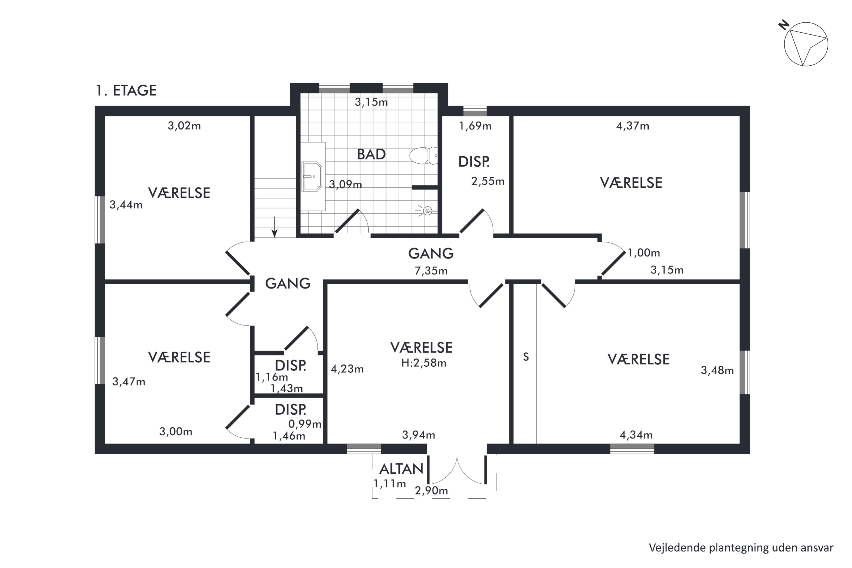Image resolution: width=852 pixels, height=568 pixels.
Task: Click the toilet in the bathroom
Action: coord(423,156)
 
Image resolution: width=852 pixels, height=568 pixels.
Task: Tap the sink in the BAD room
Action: coord(312,176)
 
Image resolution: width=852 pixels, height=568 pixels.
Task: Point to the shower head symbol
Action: coord(427,210)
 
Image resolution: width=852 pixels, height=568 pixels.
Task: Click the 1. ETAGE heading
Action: coord(126,91)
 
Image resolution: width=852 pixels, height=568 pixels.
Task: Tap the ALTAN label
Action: coord(401,469)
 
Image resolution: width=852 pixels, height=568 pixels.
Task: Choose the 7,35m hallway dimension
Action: coord(431,271)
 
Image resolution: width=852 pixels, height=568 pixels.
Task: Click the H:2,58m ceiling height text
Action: coord(423,363)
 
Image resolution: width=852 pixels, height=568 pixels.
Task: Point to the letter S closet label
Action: coord(526,357)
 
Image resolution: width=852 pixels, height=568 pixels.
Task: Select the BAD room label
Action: coord(371,154)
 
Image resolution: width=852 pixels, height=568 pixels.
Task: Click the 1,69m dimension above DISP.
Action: coord(475,126)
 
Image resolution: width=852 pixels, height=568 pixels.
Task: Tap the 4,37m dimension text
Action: coord(632,126)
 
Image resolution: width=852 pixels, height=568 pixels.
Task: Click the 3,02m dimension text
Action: coord(184,126)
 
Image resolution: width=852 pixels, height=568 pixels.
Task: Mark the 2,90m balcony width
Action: coord(431,491)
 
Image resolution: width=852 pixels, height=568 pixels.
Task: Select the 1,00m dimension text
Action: coord(644,253)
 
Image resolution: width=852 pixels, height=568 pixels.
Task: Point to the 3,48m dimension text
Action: coord(717,370)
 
